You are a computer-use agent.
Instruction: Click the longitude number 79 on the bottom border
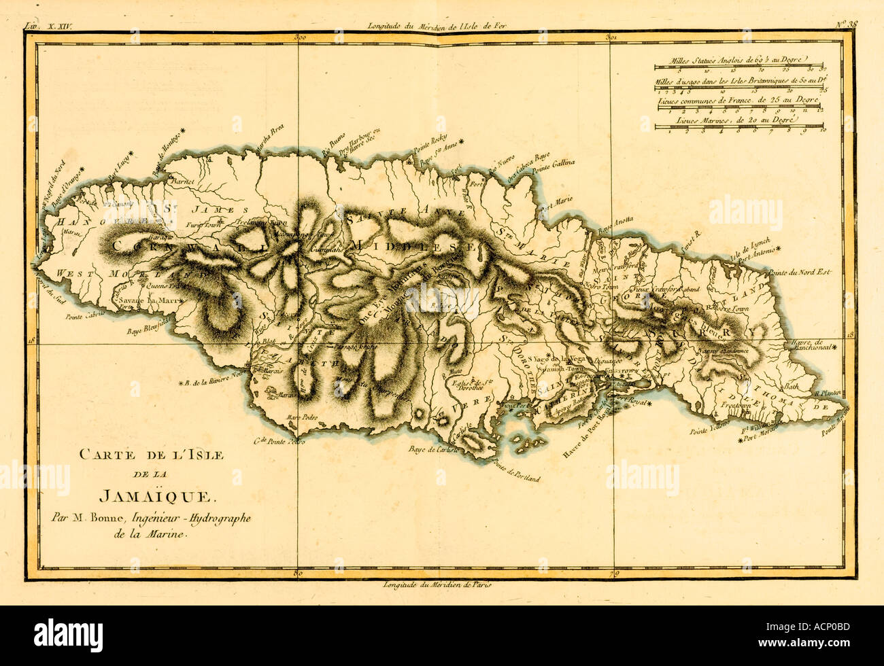pos(613,574)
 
